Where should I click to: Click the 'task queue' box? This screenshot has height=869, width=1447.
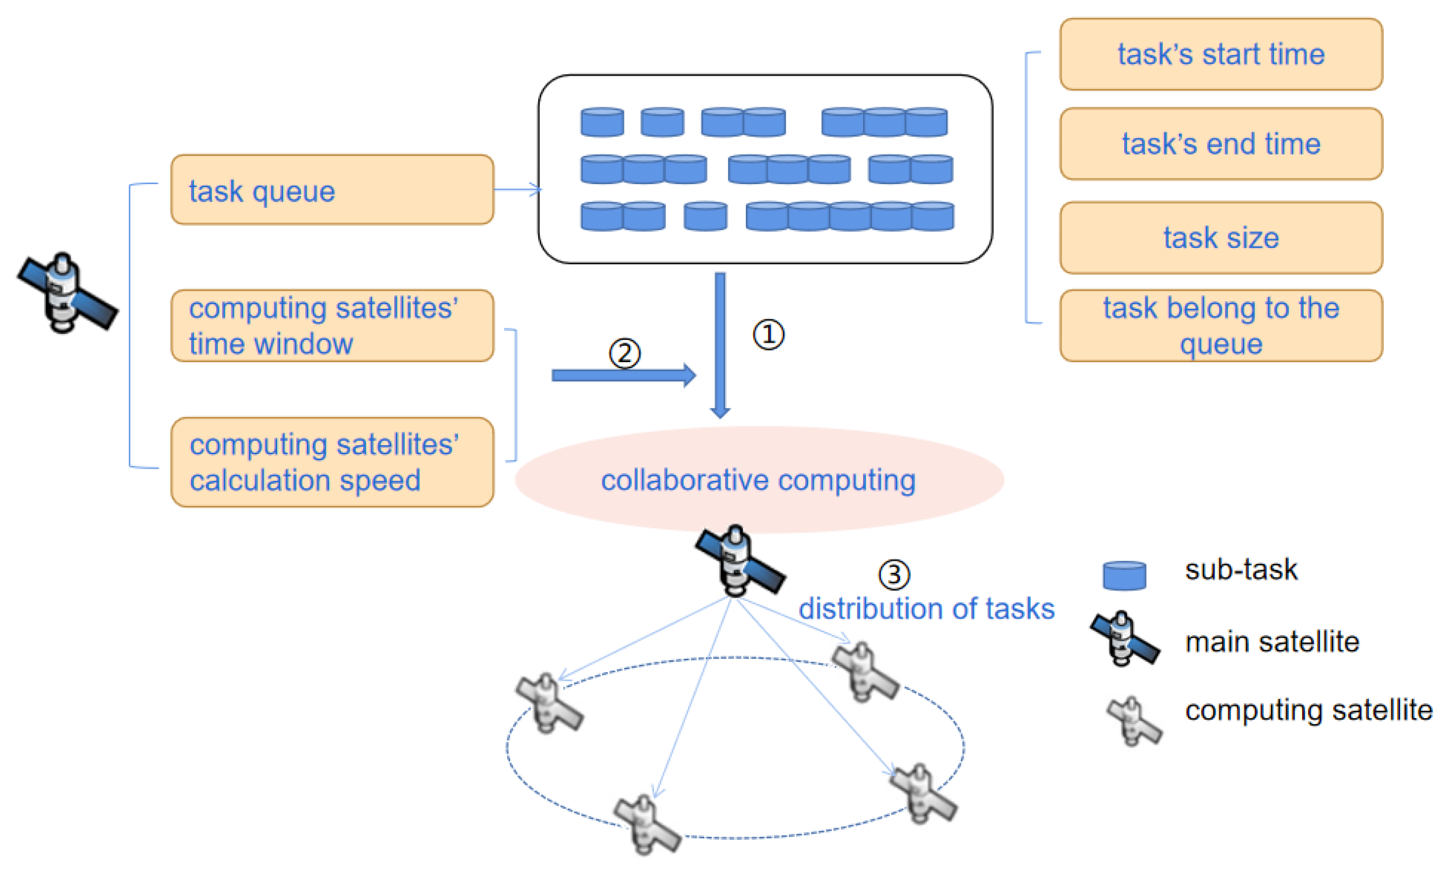pos(331,190)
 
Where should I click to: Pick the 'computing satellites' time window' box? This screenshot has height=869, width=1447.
pos(331,325)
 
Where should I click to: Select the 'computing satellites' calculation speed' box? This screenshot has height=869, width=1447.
pos(331,462)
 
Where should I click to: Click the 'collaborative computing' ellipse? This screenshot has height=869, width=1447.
pos(758,480)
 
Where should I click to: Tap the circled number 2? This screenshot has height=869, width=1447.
pos(624,353)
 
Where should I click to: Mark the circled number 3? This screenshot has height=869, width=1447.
pos(893,574)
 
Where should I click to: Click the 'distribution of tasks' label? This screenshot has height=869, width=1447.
pos(926,609)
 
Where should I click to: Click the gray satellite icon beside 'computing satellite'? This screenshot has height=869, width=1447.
pos(1133,720)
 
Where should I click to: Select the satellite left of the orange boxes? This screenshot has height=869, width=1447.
pos(66,293)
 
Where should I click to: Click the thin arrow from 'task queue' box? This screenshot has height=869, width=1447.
pos(517,190)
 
